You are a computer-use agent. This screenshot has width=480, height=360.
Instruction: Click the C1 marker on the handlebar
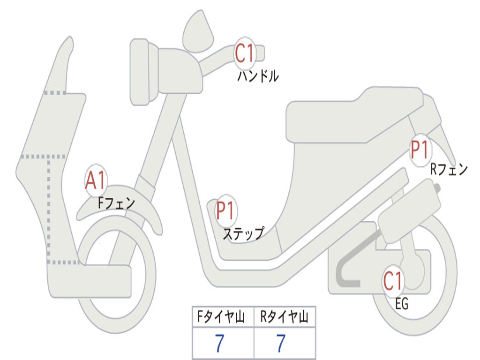coord(245,53)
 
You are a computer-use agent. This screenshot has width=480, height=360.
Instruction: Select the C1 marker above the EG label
coord(393,281)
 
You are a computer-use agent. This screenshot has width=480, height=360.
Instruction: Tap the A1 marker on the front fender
coord(96,180)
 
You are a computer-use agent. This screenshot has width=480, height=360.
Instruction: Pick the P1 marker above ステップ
coord(225,210)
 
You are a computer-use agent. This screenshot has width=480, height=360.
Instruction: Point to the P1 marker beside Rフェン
coord(420,150)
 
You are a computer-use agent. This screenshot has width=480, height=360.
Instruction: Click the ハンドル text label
coord(258,76)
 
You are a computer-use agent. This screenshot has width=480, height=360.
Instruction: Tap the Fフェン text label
coord(117,203)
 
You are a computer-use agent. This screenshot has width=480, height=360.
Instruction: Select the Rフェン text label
coord(449,169)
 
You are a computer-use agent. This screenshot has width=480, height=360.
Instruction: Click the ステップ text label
coord(244,233)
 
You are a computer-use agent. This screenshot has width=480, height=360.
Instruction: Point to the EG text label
coord(402,304)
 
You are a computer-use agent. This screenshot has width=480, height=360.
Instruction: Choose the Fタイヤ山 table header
coord(221,317)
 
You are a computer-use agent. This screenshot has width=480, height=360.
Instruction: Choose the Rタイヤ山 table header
coord(284,317)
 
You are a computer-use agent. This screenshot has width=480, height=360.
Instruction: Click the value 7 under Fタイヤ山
coord(219,343)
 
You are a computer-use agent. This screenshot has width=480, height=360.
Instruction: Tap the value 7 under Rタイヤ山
coord(281,343)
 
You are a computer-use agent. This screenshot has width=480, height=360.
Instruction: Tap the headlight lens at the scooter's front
coord(140,72)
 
